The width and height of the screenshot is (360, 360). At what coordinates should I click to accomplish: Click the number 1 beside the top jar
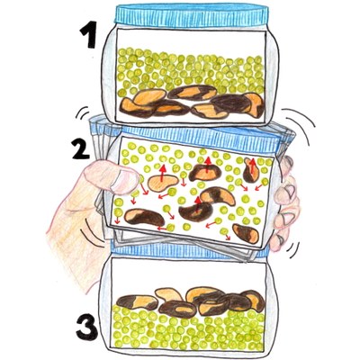[88, 35]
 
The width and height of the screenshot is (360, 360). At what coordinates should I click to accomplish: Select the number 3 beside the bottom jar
[86, 328]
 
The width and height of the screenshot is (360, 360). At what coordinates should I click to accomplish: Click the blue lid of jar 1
[192, 15]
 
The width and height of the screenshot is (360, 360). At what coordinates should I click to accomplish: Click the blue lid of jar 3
[189, 248]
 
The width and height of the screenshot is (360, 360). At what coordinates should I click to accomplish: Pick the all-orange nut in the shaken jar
[162, 183]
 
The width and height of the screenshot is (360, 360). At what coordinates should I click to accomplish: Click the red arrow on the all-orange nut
[163, 173]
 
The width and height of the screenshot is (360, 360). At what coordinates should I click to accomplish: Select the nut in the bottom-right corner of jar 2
[246, 233]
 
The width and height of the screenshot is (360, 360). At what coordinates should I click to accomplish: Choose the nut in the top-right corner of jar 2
[250, 170]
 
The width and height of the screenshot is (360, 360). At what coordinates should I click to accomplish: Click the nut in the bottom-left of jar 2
[144, 217]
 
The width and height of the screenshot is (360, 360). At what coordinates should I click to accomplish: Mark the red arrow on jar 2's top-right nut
[253, 166]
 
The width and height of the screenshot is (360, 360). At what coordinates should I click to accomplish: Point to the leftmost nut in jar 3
[137, 302]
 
